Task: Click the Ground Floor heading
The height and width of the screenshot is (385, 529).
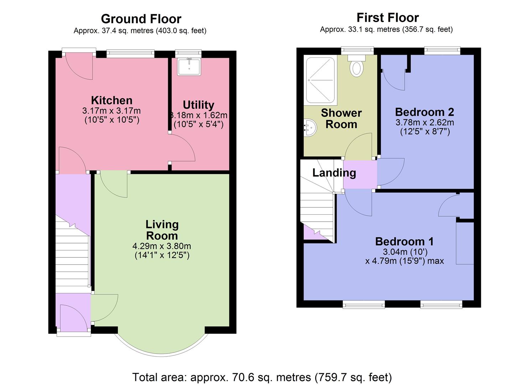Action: (x=141, y=19)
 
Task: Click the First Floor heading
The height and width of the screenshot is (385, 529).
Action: (x=388, y=17)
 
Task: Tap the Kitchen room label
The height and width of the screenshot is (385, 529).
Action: (x=111, y=100)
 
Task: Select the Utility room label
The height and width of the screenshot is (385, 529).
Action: (x=198, y=105)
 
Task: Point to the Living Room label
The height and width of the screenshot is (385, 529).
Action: (x=162, y=230)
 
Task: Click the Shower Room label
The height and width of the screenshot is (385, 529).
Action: (x=341, y=118)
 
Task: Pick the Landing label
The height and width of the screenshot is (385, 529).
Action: (x=334, y=173)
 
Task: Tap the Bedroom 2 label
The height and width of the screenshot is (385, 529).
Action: (x=424, y=112)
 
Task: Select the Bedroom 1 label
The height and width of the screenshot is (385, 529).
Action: (x=404, y=241)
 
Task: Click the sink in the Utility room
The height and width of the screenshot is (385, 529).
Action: (x=189, y=67)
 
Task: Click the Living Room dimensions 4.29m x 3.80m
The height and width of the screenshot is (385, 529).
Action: (x=162, y=246)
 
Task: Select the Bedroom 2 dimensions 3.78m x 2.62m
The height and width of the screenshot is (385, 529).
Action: (x=425, y=123)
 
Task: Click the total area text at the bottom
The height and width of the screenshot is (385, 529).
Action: (x=262, y=377)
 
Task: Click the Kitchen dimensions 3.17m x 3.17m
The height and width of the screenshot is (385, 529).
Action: (x=111, y=111)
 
